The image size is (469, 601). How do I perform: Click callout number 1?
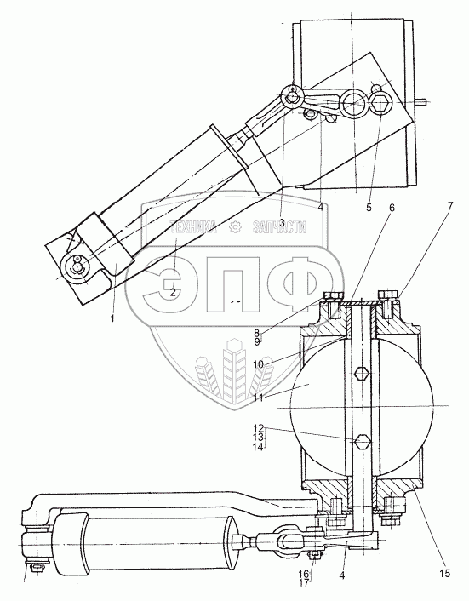112,318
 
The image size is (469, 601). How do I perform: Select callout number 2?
173,293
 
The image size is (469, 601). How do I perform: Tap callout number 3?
282,222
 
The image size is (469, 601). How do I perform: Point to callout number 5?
369,208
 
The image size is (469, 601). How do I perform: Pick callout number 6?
392,208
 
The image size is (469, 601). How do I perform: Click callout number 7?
449,206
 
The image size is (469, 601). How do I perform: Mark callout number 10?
258,363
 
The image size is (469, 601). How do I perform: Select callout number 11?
258,398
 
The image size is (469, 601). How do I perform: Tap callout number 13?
258,438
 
